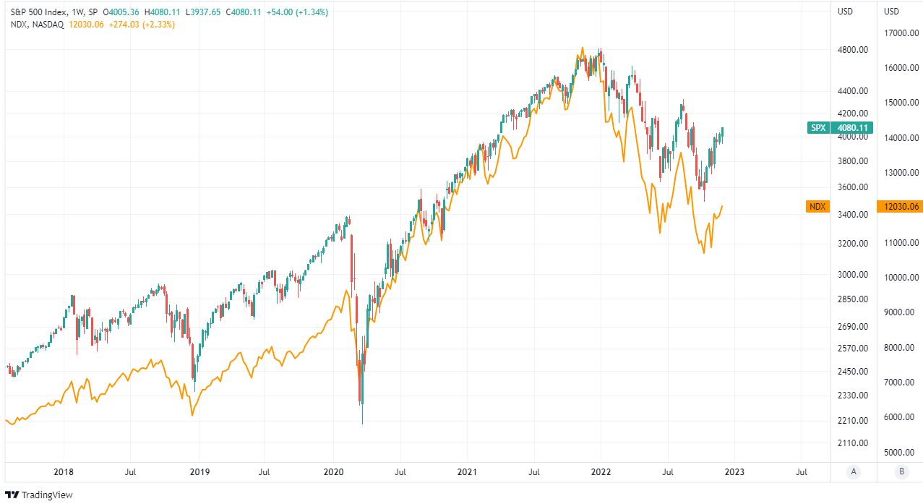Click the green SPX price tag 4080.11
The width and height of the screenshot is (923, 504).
(853, 128)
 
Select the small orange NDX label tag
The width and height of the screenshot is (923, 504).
(817, 207)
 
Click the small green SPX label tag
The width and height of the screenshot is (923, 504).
(817, 128)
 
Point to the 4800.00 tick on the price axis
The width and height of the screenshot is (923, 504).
(853, 50)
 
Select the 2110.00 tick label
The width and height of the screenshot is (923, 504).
(853, 443)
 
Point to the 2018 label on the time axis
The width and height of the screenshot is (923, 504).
(64, 473)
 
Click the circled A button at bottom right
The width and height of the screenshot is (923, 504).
(854, 473)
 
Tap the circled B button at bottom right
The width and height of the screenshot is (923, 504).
(900, 473)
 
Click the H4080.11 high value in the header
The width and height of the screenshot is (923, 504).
(163, 12)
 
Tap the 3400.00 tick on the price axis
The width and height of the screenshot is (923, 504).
(853, 215)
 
